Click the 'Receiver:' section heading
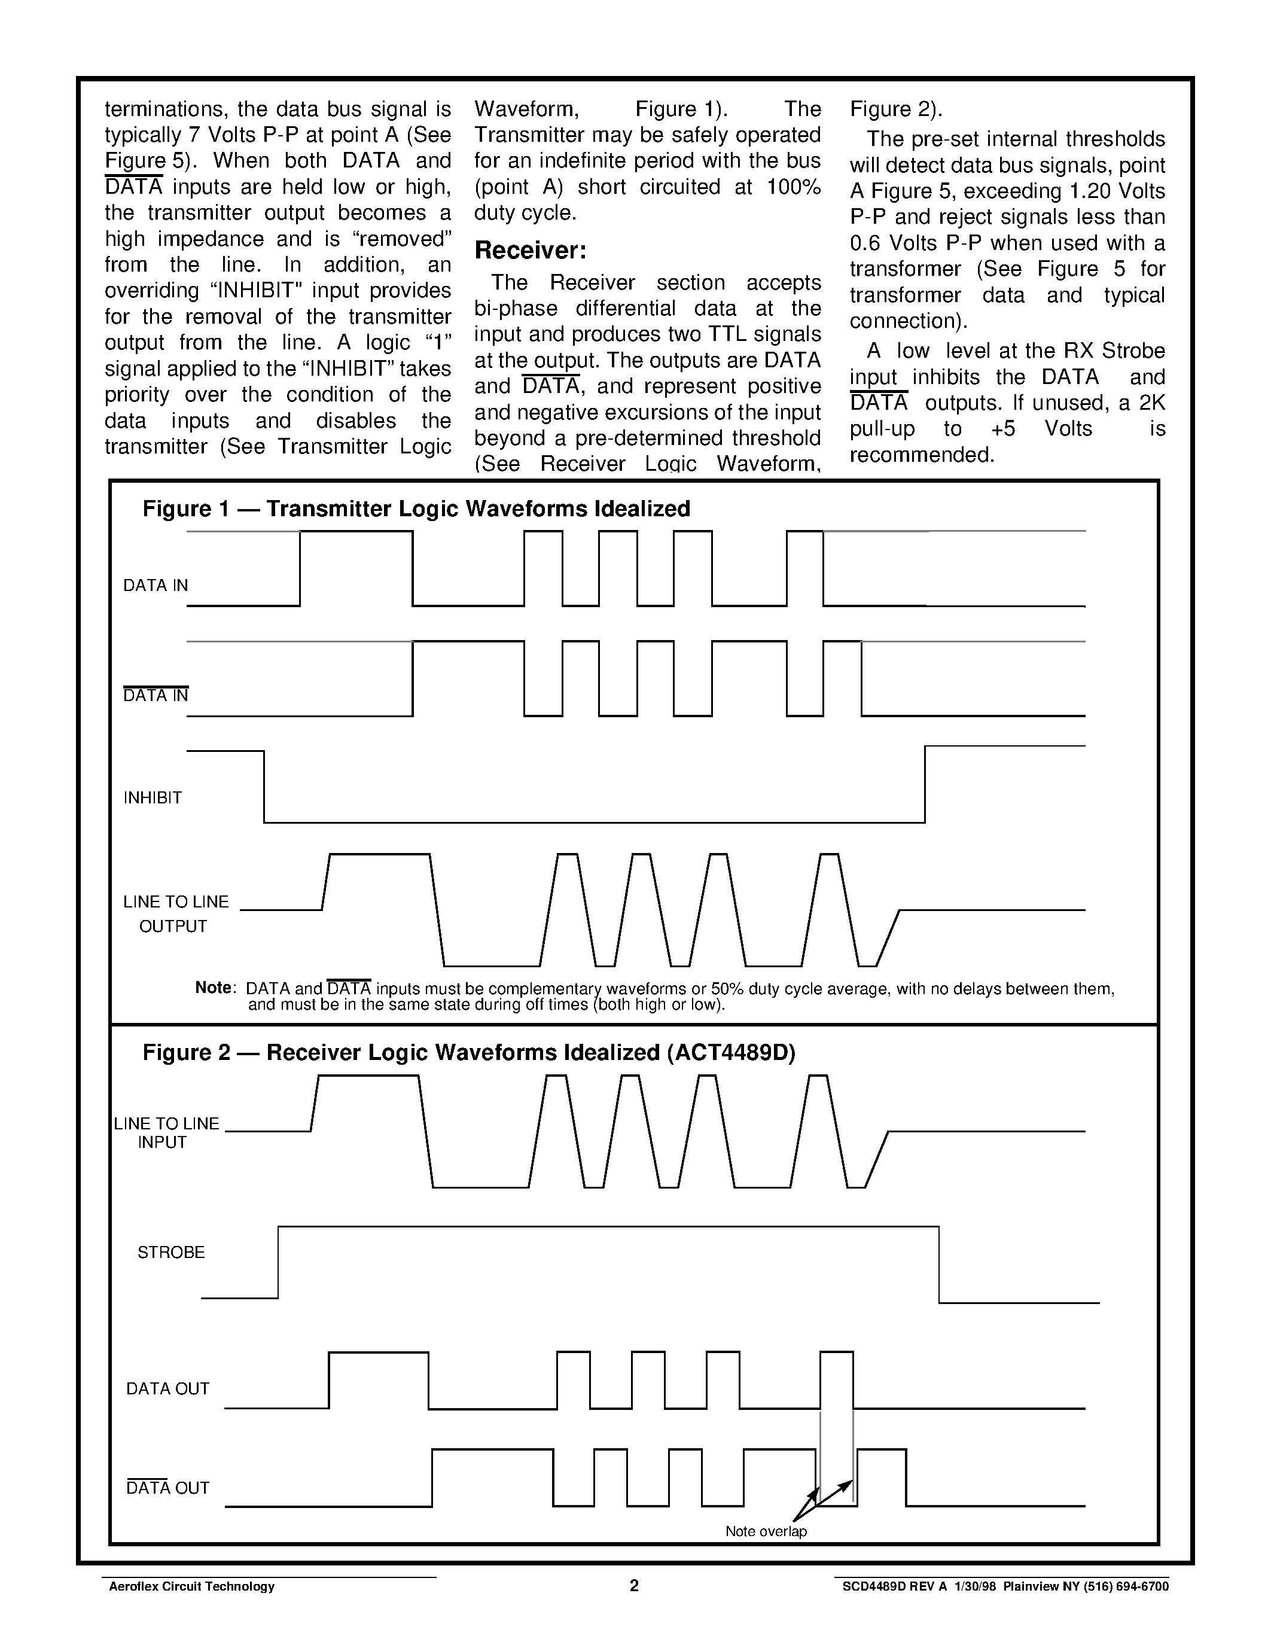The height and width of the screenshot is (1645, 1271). click(530, 250)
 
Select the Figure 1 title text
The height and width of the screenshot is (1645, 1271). click(416, 509)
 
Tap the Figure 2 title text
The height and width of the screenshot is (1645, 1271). click(468, 1052)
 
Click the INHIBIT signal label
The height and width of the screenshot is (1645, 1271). click(153, 797)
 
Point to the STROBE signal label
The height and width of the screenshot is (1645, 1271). click(171, 1252)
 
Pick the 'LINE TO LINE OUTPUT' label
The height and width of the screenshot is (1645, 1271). click(175, 913)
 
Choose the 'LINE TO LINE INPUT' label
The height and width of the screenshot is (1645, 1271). click(166, 1132)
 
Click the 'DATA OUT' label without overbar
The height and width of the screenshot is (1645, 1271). click(167, 1388)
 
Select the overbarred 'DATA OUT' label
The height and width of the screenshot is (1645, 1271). click(167, 1488)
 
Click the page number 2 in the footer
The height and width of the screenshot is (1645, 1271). click(634, 1586)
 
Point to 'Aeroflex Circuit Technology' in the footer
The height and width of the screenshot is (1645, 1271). click(192, 1587)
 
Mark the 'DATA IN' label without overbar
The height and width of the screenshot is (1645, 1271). click(155, 585)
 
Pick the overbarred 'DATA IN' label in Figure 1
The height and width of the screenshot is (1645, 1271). click(155, 695)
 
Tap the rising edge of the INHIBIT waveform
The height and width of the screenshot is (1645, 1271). click(925, 784)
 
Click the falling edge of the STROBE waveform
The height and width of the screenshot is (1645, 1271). click(939, 1265)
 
